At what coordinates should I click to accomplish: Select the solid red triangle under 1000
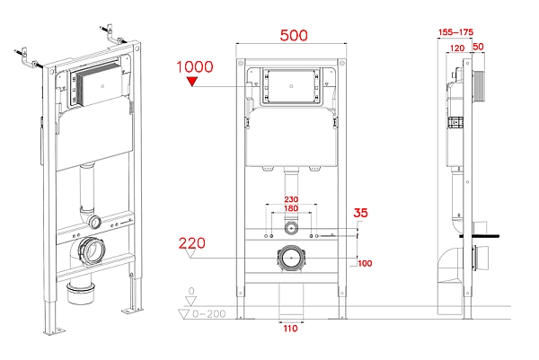point(190,83)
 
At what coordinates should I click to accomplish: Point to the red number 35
point(361,214)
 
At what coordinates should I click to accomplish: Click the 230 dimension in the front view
point(290,199)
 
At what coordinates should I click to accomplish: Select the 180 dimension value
point(290,209)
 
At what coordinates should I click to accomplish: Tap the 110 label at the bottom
point(289,329)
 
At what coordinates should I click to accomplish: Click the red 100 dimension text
point(365,263)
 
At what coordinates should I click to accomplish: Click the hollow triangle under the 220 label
point(188,255)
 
